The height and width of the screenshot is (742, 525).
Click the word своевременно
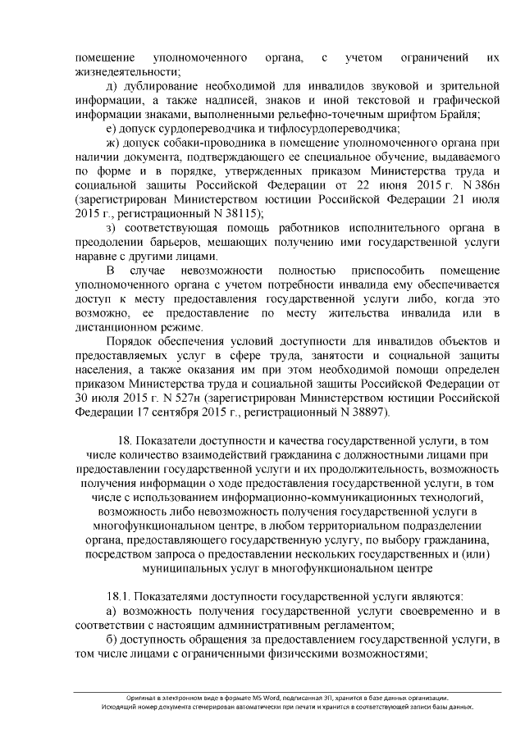coord(445,611)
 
